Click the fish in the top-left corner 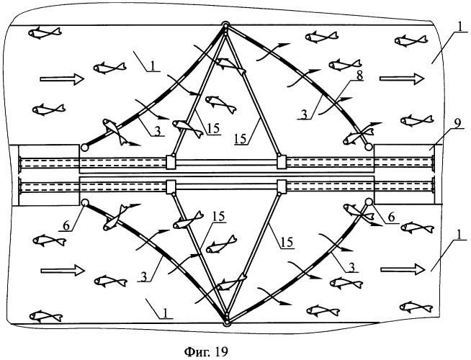pyautogui.click(x=45, y=32)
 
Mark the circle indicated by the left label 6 pyautogui.click(x=85, y=203)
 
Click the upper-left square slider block pyautogui.click(x=172, y=161)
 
